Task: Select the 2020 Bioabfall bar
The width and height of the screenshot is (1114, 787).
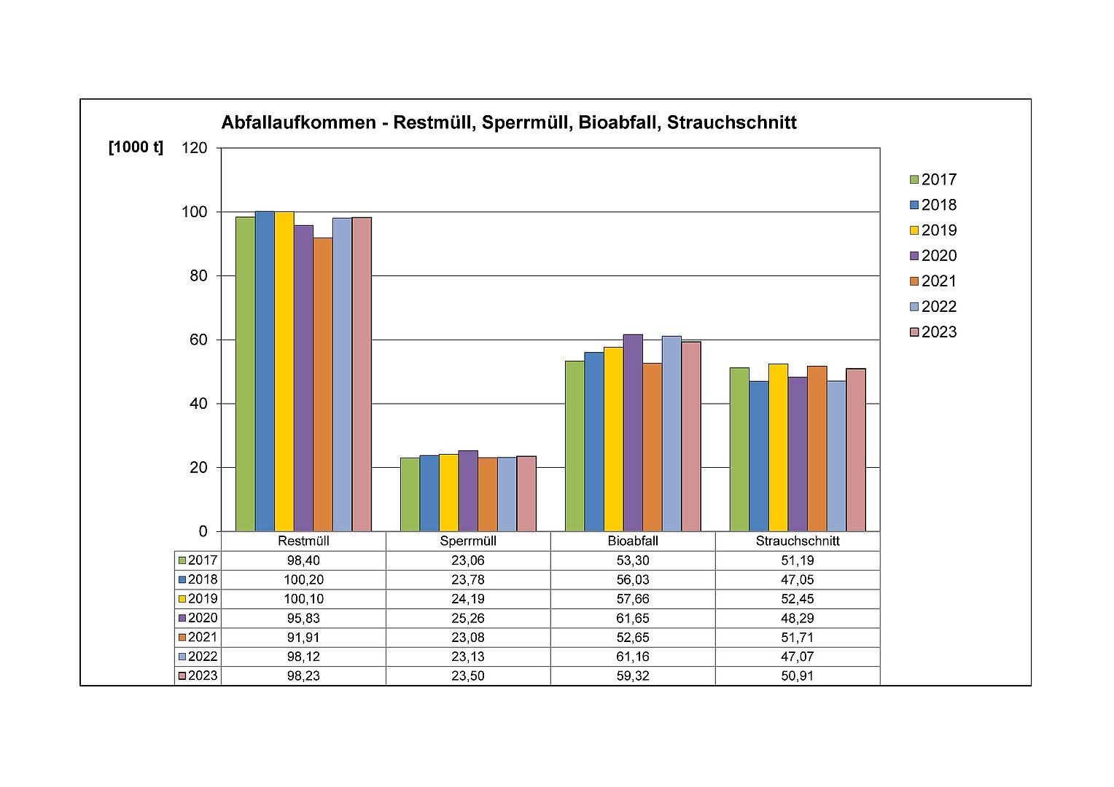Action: (633, 433)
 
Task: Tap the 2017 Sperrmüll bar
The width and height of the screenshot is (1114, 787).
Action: (410, 495)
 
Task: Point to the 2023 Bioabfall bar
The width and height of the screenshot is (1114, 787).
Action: (691, 436)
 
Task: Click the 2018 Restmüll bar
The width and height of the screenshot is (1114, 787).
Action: (265, 371)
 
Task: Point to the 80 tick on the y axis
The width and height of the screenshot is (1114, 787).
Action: (198, 276)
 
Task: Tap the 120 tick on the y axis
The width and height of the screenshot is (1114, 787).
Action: (195, 148)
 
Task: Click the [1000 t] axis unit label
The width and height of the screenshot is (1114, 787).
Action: (136, 147)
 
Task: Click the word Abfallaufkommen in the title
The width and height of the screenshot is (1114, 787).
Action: (298, 122)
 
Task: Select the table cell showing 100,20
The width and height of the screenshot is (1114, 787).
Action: (303, 580)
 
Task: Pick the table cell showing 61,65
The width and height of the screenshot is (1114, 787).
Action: (633, 618)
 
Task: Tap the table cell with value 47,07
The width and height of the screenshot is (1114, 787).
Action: (798, 657)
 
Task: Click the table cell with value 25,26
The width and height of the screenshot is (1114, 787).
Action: (468, 618)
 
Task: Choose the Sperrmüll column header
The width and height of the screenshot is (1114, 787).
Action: (468, 541)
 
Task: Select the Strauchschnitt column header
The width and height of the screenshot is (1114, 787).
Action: (798, 541)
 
